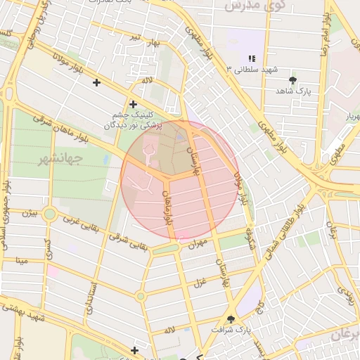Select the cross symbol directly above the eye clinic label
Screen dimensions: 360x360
point(133,104)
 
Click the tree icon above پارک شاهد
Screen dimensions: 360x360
point(293,80)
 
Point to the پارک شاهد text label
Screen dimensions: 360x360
point(293,91)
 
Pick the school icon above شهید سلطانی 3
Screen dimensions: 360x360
point(251,58)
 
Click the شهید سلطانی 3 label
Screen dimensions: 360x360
point(251,70)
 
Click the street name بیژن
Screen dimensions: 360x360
point(30,212)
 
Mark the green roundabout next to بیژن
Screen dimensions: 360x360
point(49,214)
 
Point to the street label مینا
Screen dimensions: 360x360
point(22,261)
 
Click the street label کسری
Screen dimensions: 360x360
point(47,246)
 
